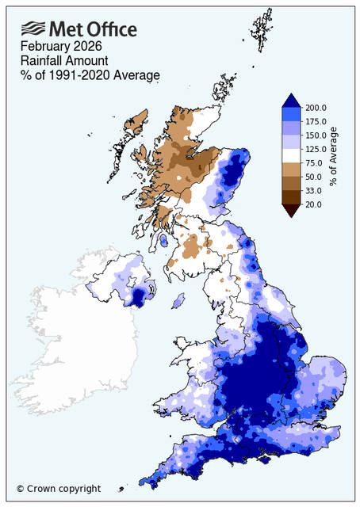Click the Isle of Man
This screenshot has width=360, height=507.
[x=178, y=301]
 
